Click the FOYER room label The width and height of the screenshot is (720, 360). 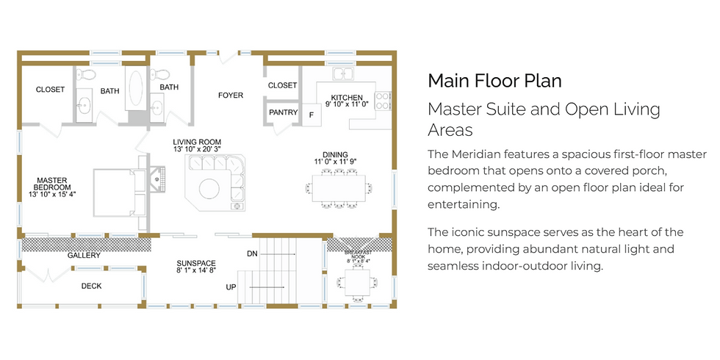pos(231,96)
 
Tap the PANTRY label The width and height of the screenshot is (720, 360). pos(284,112)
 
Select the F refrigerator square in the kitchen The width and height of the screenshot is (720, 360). pos(312,115)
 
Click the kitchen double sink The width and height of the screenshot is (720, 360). pos(343,73)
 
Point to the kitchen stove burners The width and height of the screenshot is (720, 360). pos(383,101)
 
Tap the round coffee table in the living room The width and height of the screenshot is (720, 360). pos(209,189)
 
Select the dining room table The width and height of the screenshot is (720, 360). pos(339,188)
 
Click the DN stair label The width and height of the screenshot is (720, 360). pos(252,253)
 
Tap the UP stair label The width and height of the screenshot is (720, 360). pos(231,287)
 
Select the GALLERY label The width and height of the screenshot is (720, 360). pos(84,256)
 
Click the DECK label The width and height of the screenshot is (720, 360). pos(91,286)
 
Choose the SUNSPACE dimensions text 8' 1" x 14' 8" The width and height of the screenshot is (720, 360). pos(196,270)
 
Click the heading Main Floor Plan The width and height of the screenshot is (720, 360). pos(494,81)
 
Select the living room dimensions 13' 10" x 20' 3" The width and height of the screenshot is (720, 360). pos(197,148)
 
